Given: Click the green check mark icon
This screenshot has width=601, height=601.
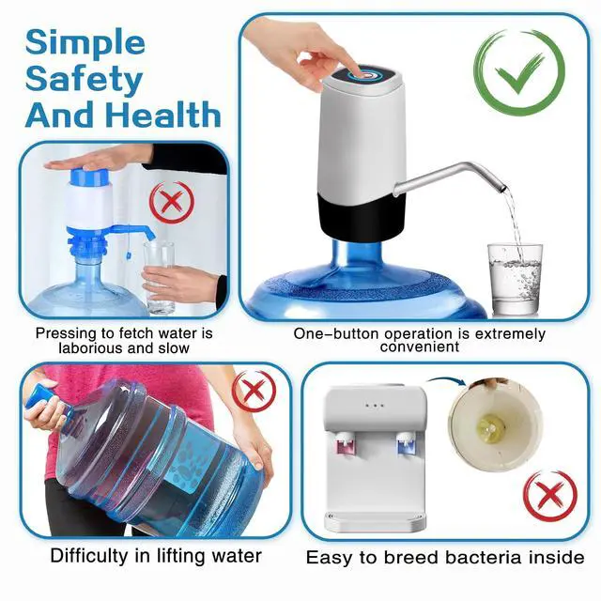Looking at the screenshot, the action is [x=519, y=73].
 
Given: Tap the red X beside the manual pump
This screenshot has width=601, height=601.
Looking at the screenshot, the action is [x=171, y=202].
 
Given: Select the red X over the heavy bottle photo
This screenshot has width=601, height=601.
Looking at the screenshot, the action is [x=254, y=391].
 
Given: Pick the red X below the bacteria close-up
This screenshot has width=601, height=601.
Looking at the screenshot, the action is [x=550, y=496].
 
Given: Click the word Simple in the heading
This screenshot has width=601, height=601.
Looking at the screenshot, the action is [x=85, y=42].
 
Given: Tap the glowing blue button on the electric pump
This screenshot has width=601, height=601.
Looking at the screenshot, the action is [x=363, y=74].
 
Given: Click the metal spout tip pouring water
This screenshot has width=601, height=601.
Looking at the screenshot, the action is [x=501, y=188].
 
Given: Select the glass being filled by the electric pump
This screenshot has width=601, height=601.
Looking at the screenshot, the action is [x=515, y=279].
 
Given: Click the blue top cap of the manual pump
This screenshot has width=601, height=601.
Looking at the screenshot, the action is [x=90, y=177].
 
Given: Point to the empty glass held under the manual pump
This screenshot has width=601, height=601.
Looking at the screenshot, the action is [x=159, y=277].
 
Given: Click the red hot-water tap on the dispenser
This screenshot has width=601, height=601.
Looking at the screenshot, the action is [x=345, y=444].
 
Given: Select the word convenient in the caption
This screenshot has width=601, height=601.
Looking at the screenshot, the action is [x=420, y=347].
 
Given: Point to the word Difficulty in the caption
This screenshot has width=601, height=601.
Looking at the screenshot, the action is [x=90, y=556].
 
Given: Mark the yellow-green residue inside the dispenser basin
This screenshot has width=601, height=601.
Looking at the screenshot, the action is [x=490, y=427].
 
